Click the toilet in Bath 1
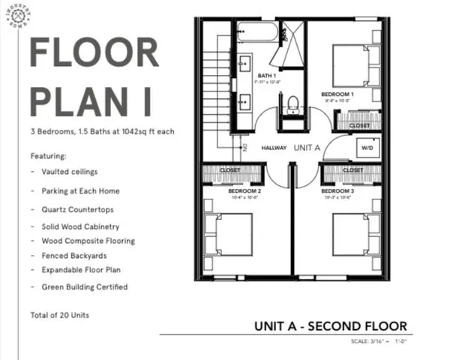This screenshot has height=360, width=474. tap(293, 104)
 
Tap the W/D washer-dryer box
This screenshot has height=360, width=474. tap(367, 148)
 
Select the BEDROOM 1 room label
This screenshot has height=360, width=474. tap(337, 94)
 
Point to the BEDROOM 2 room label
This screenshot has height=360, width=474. tap(244, 191)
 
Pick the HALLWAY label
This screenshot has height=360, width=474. tap(274, 148)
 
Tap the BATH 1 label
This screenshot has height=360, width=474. tap(267, 76)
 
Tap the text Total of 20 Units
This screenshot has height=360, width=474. tap(59, 315)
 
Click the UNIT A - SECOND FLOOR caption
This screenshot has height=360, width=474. tap(330, 326)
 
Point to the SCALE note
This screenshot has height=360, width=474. tap(378, 342)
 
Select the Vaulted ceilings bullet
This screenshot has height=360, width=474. tap(70, 172)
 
